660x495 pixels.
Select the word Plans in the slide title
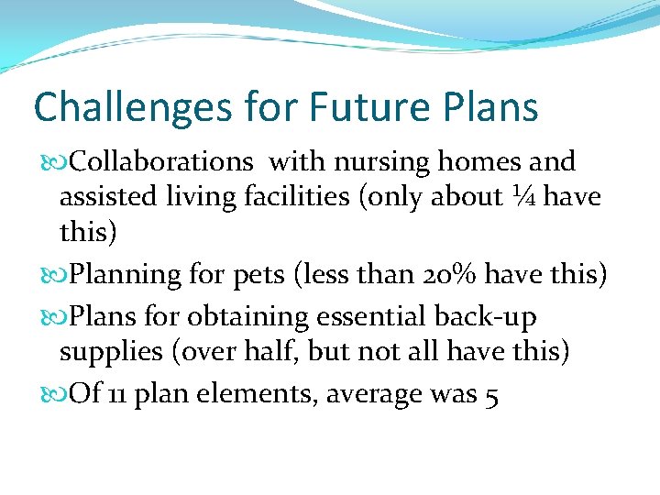point(492,107)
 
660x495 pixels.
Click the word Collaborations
point(161,162)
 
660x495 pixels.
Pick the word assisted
point(100,198)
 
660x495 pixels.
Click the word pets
point(258,275)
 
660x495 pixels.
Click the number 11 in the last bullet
point(117,395)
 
